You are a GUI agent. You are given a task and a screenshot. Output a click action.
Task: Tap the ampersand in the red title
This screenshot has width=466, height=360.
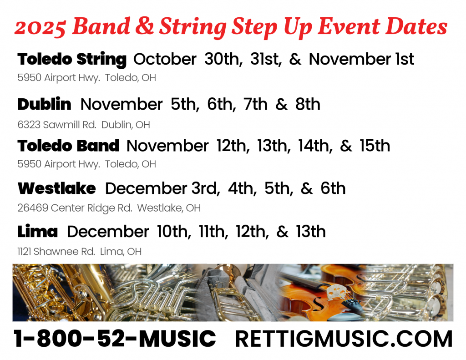pyautogui.click(x=144, y=26)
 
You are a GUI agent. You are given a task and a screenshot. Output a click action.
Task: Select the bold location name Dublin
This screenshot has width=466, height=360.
pyautogui.click(x=44, y=104)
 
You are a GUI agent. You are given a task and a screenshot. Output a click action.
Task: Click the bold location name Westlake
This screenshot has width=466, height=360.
pyautogui.click(x=57, y=188)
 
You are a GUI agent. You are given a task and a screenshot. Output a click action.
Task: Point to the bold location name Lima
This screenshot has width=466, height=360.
pyautogui.click(x=37, y=231)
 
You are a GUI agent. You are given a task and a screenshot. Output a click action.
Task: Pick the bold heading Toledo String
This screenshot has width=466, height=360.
pyautogui.click(x=72, y=59)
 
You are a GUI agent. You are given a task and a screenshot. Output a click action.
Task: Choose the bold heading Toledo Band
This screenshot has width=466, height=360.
pyautogui.click(x=68, y=146)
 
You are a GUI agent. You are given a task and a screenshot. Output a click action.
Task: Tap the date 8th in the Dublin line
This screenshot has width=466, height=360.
pyautogui.click(x=308, y=104)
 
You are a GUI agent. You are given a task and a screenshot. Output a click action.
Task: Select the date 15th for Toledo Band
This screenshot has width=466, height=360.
pyautogui.click(x=375, y=146)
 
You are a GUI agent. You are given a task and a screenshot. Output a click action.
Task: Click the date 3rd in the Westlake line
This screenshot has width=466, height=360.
pyautogui.click(x=206, y=188)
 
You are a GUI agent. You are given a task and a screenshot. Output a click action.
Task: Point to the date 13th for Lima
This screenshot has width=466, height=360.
pyautogui.click(x=310, y=231)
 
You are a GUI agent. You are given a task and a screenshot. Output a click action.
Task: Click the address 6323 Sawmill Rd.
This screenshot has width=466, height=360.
pyautogui.click(x=57, y=125)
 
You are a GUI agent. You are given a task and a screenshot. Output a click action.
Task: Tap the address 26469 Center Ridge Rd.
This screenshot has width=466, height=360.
pyautogui.click(x=75, y=208)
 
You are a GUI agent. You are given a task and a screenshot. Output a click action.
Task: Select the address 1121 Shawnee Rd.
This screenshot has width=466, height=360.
pyautogui.click(x=56, y=252)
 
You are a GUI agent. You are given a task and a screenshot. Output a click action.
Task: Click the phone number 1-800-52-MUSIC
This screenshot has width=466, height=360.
pyautogui.click(x=115, y=339)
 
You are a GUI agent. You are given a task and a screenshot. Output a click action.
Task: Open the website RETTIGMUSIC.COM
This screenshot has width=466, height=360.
pyautogui.click(x=344, y=339)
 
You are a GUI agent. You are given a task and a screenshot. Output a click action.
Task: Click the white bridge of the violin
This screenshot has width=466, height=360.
pyautogui.click(x=338, y=292)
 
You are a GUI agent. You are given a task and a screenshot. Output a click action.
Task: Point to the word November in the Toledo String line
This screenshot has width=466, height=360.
pyautogui.click(x=350, y=59)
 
